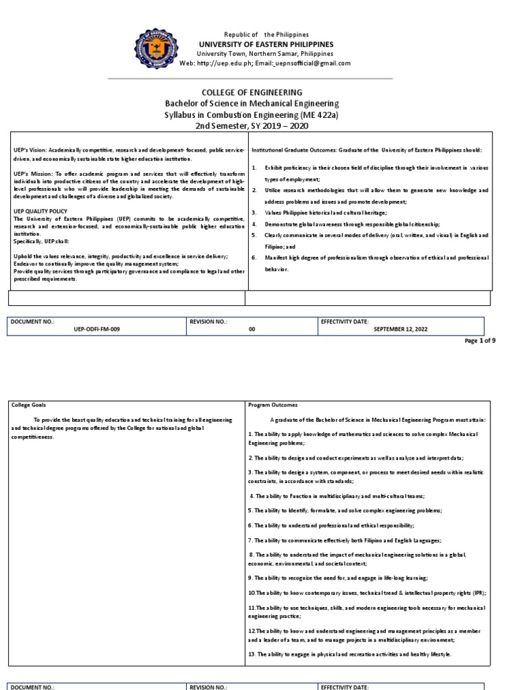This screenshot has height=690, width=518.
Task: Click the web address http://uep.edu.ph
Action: pos(225,63)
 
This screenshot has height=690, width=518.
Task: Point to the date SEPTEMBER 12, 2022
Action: pos(400,329)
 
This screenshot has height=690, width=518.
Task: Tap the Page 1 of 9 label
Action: pos(480,341)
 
